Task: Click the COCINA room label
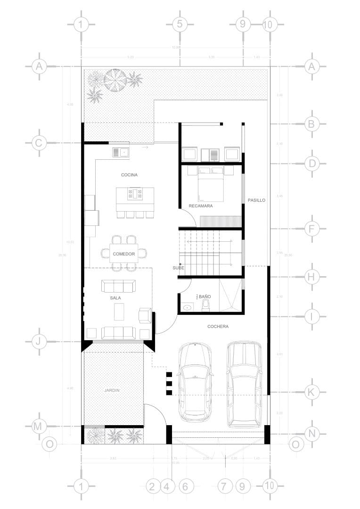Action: click(129, 175)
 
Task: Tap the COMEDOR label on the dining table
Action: click(124, 254)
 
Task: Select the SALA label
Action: click(116, 298)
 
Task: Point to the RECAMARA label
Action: click(201, 206)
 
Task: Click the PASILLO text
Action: click(257, 200)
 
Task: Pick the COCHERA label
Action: click(218, 326)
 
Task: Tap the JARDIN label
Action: click(112, 390)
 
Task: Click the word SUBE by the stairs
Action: click(178, 268)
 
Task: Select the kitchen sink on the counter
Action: click(121, 152)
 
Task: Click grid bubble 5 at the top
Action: click(179, 24)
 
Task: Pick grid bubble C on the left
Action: click(39, 143)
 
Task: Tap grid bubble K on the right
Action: click(311, 391)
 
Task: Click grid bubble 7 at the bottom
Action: click(225, 486)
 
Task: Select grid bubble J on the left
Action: click(39, 341)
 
